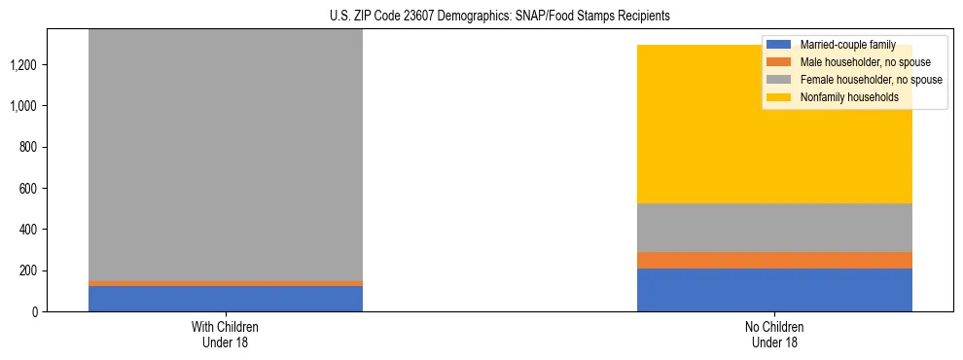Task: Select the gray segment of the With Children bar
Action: coord(225,156)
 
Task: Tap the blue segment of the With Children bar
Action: coord(225,299)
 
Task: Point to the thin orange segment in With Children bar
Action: coord(225,283)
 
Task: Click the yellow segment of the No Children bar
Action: coord(774,125)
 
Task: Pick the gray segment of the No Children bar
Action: coord(774,228)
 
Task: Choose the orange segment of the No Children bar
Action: coord(774,260)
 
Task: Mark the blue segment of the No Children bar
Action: coord(774,290)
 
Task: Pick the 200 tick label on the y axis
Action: coord(31,270)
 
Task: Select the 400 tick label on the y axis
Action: coord(31,230)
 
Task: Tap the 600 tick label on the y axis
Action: coord(31,188)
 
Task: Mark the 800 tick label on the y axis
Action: coord(31,147)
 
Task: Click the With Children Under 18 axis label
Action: coord(225,334)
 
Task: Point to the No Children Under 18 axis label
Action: coord(774,334)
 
